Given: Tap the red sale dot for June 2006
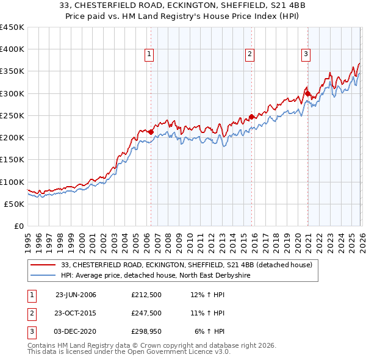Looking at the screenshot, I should coord(151,132).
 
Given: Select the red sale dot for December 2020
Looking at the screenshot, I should coord(307,94).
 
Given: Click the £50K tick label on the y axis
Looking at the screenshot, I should coord(15,204).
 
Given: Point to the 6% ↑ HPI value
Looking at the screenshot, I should coord(210,331).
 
